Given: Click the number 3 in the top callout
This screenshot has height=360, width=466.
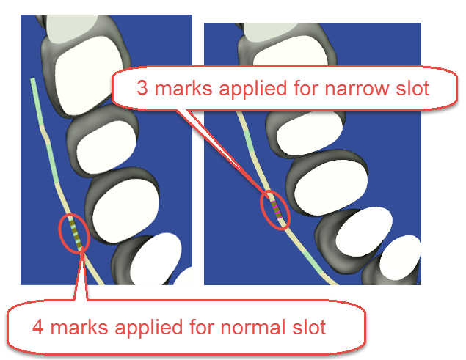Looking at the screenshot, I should coord(142,89).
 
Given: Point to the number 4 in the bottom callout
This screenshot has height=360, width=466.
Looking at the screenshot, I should coord(37,326).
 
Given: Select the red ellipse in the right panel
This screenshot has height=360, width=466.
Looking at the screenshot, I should coord(274,209).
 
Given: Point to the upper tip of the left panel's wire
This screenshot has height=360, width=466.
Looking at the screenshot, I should coord(32,78).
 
